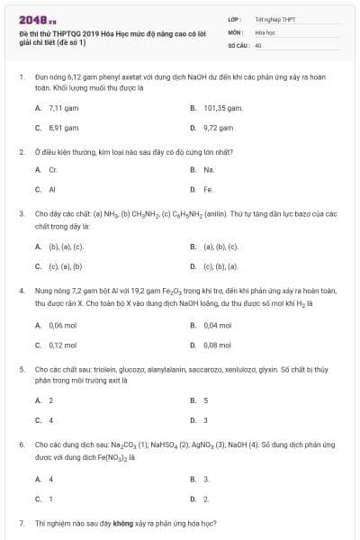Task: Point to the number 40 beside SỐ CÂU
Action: pyautogui.click(x=258, y=44)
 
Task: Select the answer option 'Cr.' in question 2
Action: pyautogui.click(x=53, y=169)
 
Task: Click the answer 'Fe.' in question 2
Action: pyautogui.click(x=208, y=190)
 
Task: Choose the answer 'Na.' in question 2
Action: pyautogui.click(x=209, y=169)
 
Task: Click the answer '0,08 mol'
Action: pyautogui.click(x=218, y=345)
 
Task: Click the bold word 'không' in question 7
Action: pyautogui.click(x=123, y=523)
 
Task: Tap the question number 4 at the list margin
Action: pyautogui.click(x=21, y=292)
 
